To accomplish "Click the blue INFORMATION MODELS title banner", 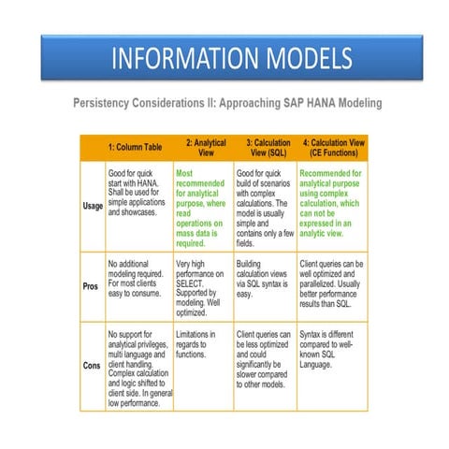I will [x=224, y=58].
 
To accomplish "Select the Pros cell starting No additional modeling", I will [x=138, y=276].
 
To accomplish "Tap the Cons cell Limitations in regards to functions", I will [x=202, y=342].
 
